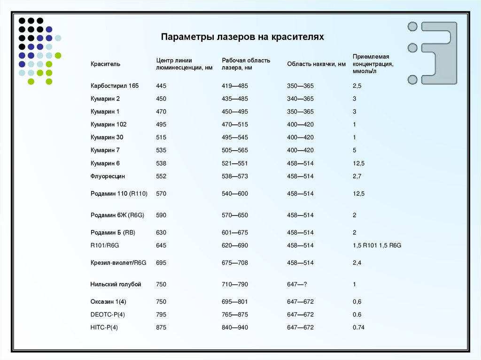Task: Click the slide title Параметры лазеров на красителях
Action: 242,37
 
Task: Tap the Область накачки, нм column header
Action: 316,64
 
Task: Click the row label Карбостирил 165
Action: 114,86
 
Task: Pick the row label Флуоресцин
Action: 108,176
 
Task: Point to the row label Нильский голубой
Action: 116,284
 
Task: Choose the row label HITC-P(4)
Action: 104,328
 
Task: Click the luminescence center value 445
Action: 161,86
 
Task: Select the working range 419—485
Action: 235,86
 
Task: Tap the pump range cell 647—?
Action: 297,284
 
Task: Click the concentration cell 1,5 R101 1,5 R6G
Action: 377,245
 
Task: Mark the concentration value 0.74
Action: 358,328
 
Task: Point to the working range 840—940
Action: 235,328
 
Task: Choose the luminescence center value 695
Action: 161,263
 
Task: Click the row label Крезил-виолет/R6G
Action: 118,263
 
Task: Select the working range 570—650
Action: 235,215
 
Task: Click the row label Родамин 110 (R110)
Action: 119,193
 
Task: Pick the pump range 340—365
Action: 300,99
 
